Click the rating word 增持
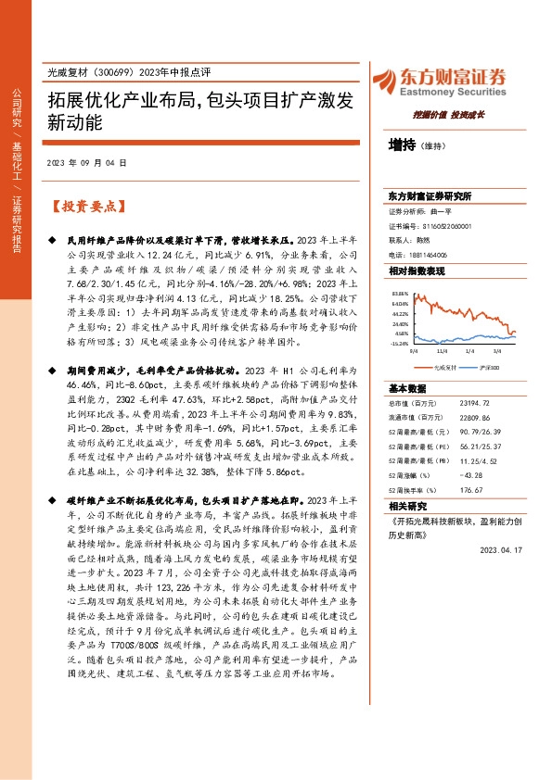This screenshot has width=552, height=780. click(x=402, y=145)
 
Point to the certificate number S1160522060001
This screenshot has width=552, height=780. click(x=441, y=225)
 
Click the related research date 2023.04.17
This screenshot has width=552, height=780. click(x=503, y=548)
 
